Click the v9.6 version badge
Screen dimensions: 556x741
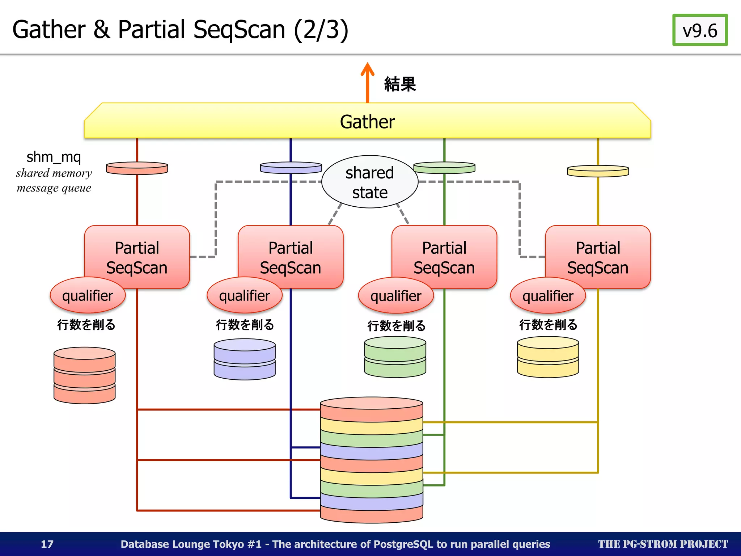[700, 30]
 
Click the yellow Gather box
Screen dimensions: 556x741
[367, 121]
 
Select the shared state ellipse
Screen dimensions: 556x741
[369, 182]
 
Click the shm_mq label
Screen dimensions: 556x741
[54, 157]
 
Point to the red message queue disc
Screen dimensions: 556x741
[137, 168]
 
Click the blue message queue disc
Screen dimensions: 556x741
[291, 167]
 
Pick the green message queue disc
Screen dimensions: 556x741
[444, 167]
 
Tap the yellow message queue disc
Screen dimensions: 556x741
[598, 171]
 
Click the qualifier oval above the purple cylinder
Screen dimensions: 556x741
[244, 295]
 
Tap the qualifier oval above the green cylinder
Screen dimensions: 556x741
[396, 296]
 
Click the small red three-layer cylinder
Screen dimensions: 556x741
[84, 375]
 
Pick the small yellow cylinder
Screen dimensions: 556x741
[548, 357]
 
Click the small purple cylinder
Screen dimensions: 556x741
[244, 359]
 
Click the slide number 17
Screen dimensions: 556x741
[47, 544]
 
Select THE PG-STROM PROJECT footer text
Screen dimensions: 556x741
[662, 544]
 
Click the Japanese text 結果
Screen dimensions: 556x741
[400, 84]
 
